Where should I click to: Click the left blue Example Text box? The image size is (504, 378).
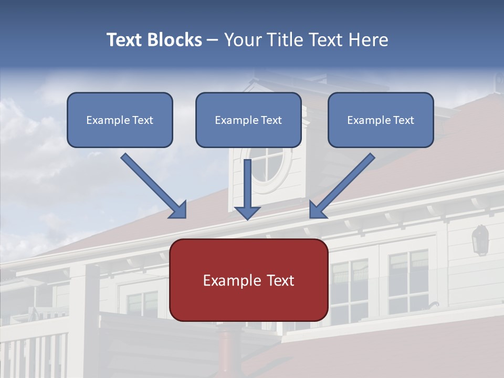(x=120, y=120)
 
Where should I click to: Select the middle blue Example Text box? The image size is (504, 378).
(x=248, y=120)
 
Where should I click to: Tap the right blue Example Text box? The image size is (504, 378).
(x=381, y=120)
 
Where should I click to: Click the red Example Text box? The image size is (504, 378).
(x=248, y=280)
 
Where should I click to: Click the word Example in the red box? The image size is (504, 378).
(x=229, y=280)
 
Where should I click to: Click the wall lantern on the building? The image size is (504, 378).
(x=480, y=239)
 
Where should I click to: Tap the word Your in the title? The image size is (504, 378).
(x=240, y=40)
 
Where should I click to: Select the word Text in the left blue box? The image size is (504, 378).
(x=143, y=120)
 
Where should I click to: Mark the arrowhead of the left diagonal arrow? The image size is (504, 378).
(x=179, y=211)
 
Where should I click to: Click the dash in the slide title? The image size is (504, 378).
(x=213, y=40)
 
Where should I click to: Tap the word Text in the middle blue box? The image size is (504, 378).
(x=271, y=120)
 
